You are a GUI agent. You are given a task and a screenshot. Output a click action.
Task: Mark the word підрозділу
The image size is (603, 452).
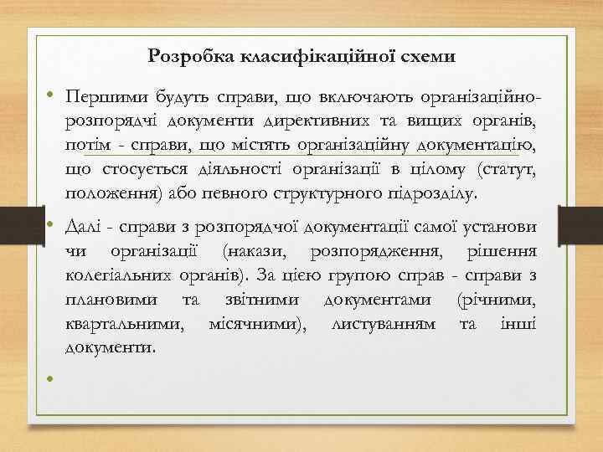[x=435, y=196]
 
